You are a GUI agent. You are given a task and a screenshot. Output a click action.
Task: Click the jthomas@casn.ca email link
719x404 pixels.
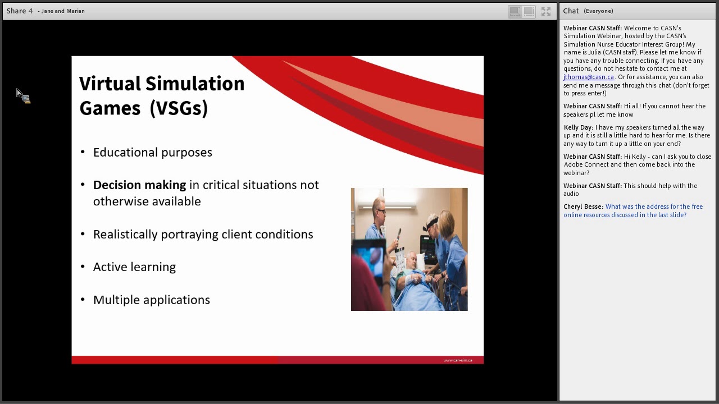[589, 77]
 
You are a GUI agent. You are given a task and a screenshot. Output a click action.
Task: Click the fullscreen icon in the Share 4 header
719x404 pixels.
[546, 11]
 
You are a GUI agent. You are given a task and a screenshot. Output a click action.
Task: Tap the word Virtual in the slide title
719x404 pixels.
[110, 84]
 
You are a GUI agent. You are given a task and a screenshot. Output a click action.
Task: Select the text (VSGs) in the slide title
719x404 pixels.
[179, 108]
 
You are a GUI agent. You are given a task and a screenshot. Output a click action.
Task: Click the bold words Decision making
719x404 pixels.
[139, 185]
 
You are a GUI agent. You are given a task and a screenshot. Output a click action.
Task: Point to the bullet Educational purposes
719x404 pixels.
[152, 153]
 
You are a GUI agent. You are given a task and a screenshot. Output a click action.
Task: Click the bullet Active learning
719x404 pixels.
[134, 267]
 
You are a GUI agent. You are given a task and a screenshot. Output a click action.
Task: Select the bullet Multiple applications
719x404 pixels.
[151, 300]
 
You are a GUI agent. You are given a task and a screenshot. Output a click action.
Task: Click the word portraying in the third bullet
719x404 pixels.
[189, 235]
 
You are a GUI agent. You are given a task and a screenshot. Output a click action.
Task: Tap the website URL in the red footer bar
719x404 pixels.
[457, 360]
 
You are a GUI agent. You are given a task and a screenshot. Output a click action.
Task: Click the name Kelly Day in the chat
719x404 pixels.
[577, 127]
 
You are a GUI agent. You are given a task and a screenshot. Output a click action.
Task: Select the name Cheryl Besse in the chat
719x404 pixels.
[583, 206]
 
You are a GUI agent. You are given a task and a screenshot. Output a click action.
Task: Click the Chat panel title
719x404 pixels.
[571, 11]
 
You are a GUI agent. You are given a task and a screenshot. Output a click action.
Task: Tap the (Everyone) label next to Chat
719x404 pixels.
[598, 11]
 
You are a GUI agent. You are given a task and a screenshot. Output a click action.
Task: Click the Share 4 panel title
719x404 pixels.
[20, 11]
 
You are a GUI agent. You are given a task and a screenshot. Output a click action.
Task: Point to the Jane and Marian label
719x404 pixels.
[63, 11]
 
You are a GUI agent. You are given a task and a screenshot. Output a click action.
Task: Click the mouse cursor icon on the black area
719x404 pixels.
[22, 95]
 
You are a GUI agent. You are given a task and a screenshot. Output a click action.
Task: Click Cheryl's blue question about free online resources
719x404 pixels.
[633, 210]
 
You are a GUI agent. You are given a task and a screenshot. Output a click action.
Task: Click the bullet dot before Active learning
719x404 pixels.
[83, 267]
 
